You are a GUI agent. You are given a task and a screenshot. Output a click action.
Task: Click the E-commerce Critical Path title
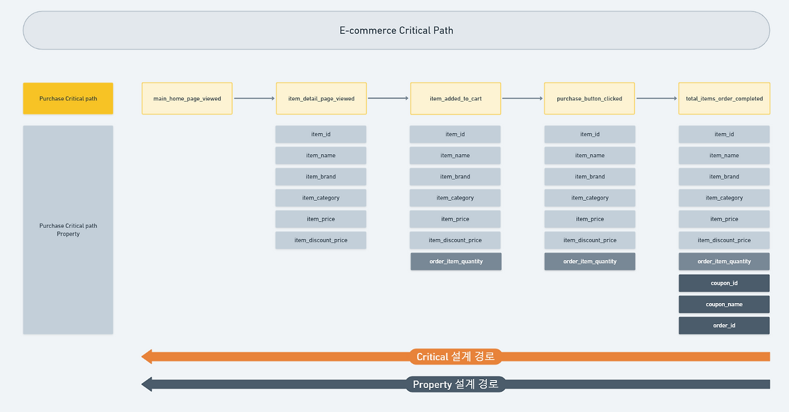point(396,30)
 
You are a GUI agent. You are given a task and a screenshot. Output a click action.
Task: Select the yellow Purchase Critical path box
point(68,99)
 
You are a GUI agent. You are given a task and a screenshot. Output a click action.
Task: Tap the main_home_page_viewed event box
point(187,99)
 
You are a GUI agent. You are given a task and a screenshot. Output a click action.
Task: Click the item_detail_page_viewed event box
point(321,99)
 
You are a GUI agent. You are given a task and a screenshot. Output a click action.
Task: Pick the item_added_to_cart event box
point(456,99)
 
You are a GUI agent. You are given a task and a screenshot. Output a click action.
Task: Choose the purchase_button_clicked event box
point(589,99)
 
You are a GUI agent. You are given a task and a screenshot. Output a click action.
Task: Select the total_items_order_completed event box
point(724,99)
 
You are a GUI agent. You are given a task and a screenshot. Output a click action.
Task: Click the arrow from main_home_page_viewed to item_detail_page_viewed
point(254,99)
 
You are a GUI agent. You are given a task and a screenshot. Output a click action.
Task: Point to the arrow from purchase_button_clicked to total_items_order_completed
point(656,99)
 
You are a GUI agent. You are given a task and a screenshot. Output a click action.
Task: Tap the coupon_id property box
point(724,283)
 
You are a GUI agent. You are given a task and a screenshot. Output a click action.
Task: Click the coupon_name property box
point(724,304)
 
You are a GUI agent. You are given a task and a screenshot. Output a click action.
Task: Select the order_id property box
point(724,325)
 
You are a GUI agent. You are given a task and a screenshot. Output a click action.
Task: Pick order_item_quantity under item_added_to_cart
point(456,262)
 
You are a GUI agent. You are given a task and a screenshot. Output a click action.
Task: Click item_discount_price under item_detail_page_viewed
point(321,240)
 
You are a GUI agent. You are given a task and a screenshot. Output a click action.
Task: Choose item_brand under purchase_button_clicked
point(589,177)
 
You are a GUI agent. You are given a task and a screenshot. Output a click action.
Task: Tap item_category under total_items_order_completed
point(724,198)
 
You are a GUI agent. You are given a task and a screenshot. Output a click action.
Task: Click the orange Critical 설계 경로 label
point(456,357)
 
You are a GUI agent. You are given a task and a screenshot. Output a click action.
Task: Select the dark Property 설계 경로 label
point(456,384)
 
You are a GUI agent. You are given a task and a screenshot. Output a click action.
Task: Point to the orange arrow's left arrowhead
point(147,357)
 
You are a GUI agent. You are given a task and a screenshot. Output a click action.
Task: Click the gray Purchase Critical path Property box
point(68,230)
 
